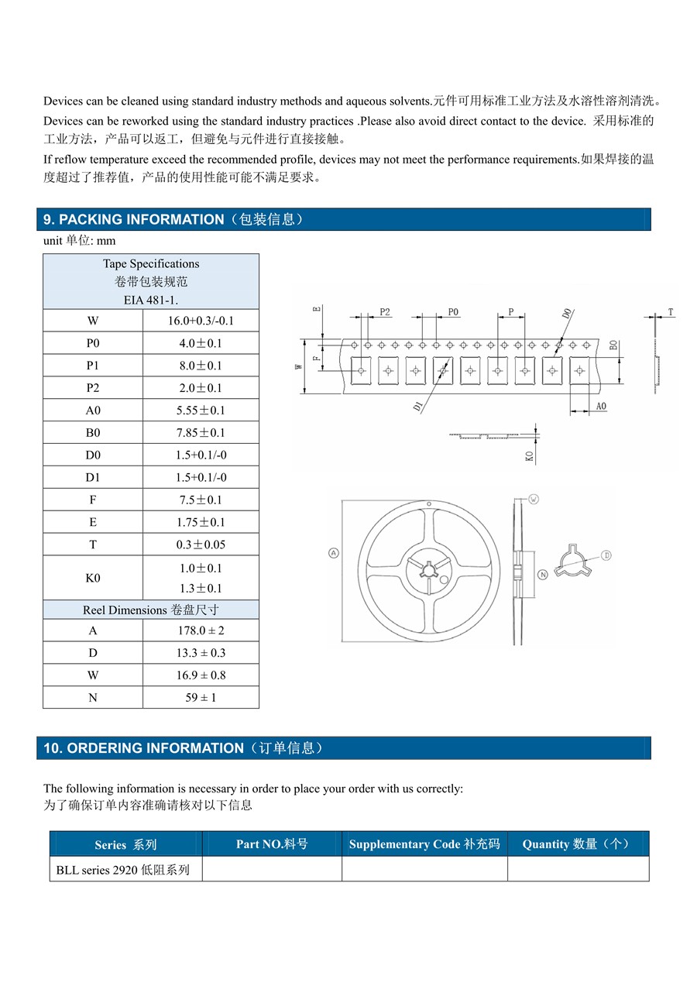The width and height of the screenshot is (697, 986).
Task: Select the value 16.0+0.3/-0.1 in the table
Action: [x=201, y=321]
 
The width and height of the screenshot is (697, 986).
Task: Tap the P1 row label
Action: [x=93, y=366]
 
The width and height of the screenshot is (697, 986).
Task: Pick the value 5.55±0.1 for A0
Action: [x=201, y=411]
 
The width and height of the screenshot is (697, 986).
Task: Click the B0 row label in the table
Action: [x=93, y=433]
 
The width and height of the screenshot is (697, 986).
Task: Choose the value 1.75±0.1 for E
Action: [x=201, y=523]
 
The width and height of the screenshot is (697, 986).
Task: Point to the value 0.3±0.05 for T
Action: [x=201, y=545]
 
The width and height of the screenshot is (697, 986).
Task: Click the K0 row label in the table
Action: [x=93, y=578]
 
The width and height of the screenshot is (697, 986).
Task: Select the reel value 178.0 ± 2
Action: [x=201, y=630]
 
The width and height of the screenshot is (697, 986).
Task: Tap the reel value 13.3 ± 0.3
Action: [x=201, y=653]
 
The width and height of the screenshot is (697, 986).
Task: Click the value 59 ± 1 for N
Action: [x=201, y=698]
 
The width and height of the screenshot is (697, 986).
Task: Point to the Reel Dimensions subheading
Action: [x=151, y=610]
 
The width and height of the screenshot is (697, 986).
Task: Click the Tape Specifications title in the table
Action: [x=151, y=264]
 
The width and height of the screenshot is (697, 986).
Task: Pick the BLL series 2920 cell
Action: [x=123, y=870]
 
